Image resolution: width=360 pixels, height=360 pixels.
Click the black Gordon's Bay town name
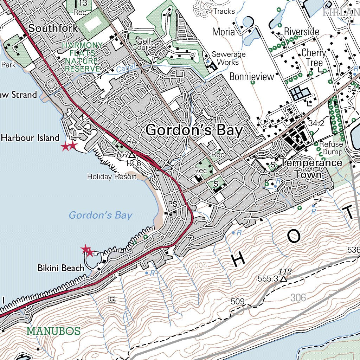point(194,130)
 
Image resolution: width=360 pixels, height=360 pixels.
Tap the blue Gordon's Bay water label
point(100,215)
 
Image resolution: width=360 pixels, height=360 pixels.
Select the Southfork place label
point(53,28)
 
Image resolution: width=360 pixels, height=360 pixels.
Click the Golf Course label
point(146,44)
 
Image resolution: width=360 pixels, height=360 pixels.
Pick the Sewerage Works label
point(228,58)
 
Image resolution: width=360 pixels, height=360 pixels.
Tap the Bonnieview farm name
point(251,77)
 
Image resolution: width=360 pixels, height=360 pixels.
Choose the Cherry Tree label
point(314,58)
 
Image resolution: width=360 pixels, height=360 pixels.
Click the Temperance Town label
point(310,168)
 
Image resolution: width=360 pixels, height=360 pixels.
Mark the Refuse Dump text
point(331,148)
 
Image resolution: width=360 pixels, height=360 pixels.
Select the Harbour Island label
point(30,137)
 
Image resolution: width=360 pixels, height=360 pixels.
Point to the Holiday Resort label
point(111,176)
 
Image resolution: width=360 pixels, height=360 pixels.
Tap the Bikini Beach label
point(61,268)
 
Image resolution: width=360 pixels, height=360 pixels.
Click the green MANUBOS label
point(53,331)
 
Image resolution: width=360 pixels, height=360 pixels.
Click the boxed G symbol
point(112,299)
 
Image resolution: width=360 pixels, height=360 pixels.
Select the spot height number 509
point(238,302)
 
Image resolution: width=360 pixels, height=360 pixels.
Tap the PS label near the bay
point(173,204)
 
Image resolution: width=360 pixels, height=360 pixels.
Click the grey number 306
point(298,298)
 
